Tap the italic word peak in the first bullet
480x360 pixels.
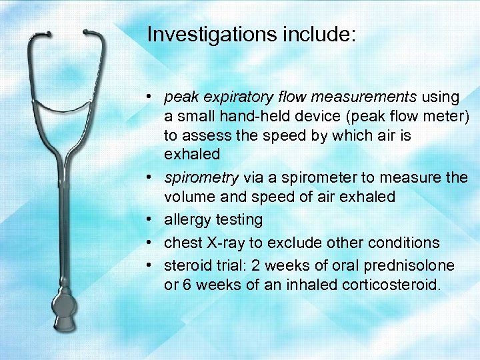(179, 98)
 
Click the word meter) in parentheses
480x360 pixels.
(447, 117)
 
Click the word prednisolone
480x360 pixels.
(409, 265)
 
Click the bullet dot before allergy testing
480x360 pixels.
(153, 220)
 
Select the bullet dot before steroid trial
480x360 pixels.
(153, 265)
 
